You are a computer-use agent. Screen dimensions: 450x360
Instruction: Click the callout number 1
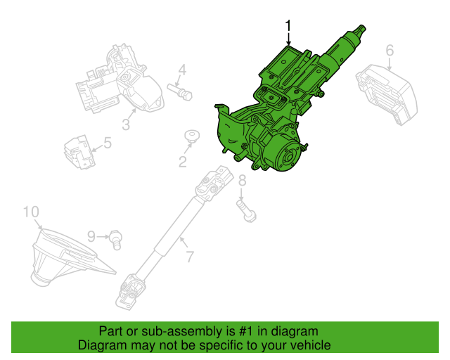coord(288,25)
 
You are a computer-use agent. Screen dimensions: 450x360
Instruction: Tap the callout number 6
coord(390,51)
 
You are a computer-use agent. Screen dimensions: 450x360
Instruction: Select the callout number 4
coord(183,70)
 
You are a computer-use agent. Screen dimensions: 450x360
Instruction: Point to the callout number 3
coord(126,124)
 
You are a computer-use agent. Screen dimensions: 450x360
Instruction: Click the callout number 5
coord(108,143)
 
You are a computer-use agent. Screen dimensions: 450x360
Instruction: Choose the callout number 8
coord(242,180)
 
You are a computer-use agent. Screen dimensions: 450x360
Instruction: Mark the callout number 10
coord(31,212)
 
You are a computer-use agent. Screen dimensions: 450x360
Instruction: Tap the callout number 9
coord(91,236)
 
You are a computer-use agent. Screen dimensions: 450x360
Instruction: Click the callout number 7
coord(190,257)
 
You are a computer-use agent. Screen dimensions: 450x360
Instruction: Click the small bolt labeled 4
coord(180,91)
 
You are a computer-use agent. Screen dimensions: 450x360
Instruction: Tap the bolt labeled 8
coord(246,211)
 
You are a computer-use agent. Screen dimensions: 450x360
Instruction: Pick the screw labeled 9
coord(116,240)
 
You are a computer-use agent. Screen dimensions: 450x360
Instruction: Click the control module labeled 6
coord(387,94)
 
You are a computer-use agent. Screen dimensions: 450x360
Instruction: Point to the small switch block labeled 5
coord(79,152)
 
